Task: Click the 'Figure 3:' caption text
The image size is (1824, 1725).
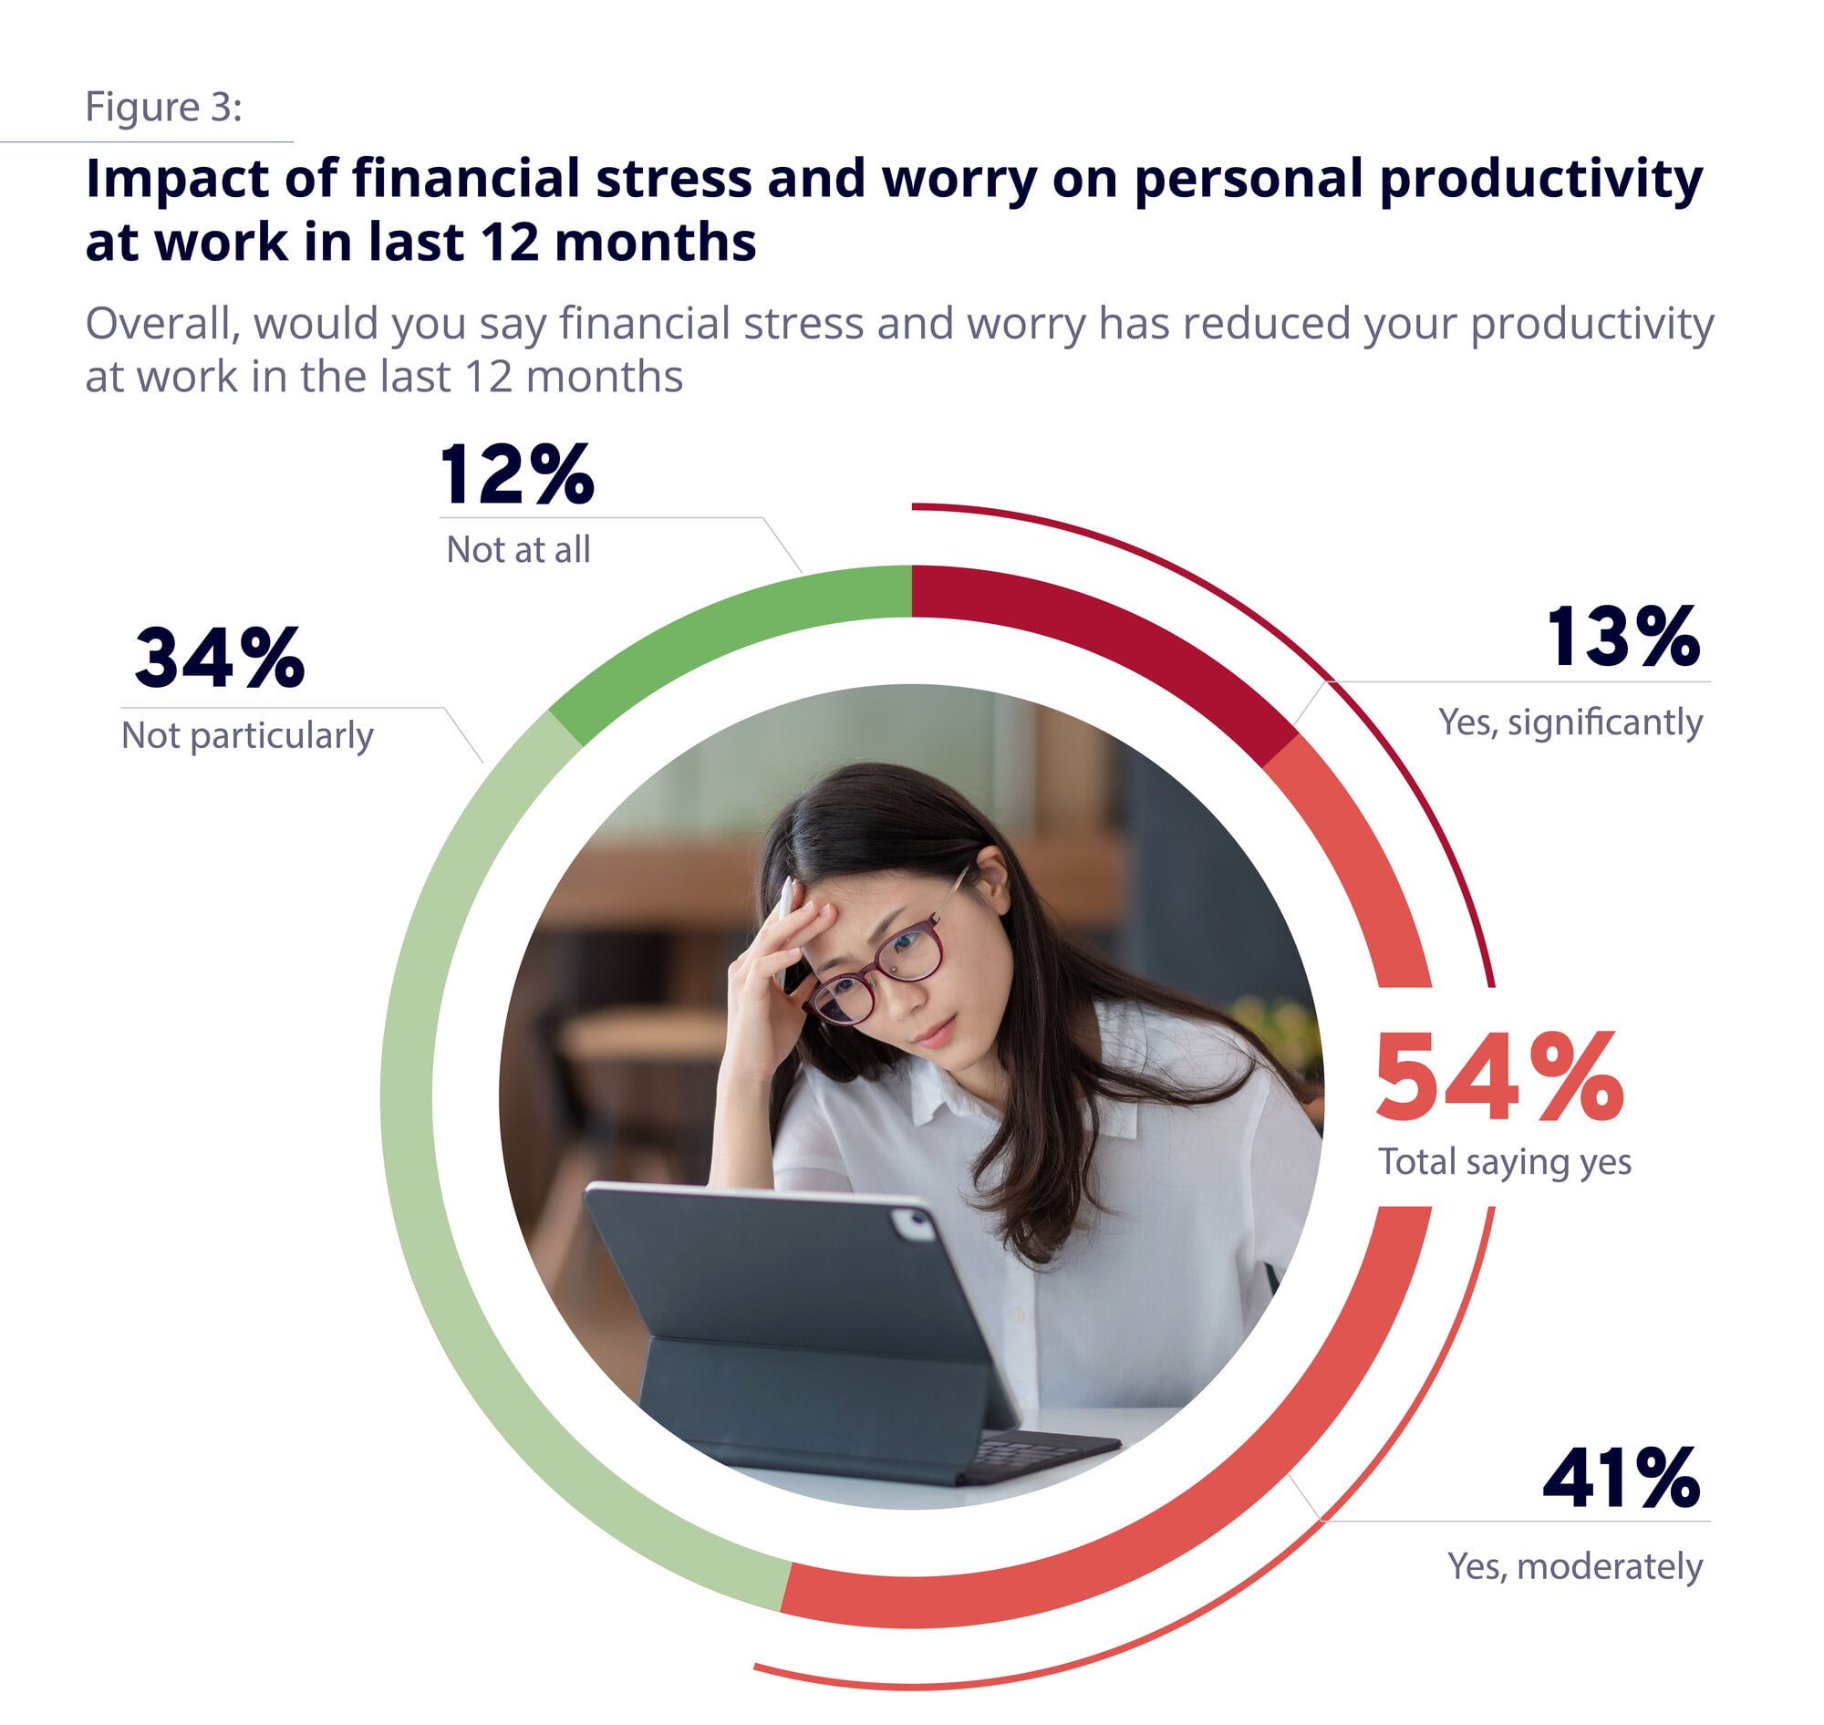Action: pos(163,107)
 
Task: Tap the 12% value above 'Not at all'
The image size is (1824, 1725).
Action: pos(518,474)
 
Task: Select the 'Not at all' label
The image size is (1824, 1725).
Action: pos(519,550)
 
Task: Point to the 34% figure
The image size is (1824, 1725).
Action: pos(220,659)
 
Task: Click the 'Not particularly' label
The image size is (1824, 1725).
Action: pos(247,735)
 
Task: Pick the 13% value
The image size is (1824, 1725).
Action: pos(1622,637)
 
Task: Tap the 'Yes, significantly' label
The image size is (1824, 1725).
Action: pos(1570,722)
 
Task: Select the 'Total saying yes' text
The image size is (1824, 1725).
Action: pos(1504,1162)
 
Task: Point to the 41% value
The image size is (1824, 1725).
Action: pos(1622,1479)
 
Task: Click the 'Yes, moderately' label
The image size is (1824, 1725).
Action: pos(1575,1566)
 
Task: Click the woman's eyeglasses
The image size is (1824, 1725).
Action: pos(878,971)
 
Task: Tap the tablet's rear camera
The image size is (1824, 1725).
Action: pos(914,1224)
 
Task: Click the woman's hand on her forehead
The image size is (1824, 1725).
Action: pos(782,956)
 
